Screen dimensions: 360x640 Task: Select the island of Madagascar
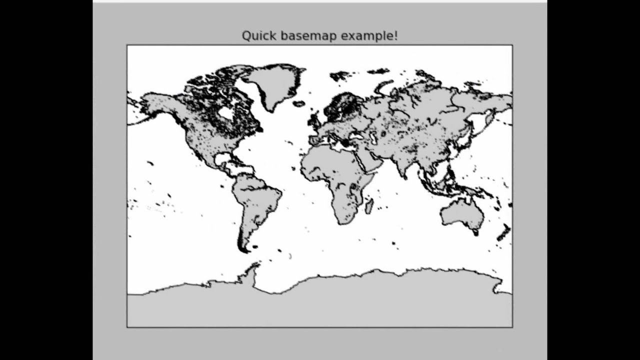(x=369, y=205)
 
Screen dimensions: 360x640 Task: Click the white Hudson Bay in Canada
(x=226, y=113)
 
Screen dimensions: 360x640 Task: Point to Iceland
(x=299, y=104)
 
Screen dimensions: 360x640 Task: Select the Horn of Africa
(x=378, y=172)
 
